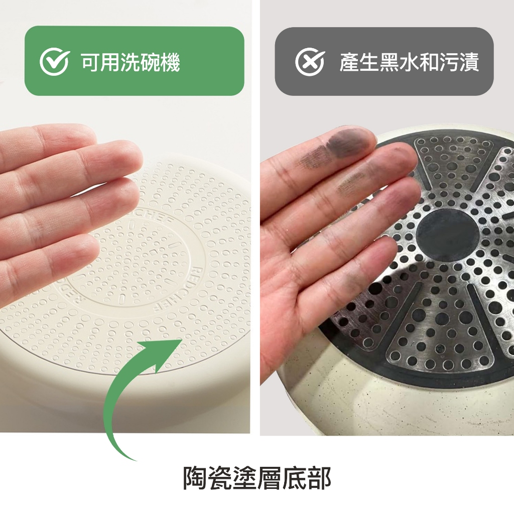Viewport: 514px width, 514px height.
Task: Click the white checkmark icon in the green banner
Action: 54,62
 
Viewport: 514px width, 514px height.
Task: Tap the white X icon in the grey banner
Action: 310,62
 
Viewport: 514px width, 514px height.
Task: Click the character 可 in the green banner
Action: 90,62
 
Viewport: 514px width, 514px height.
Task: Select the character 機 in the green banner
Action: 170,62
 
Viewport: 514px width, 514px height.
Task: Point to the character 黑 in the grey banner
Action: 389,62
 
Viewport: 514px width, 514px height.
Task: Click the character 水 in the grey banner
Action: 409,62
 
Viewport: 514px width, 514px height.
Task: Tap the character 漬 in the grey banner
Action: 469,62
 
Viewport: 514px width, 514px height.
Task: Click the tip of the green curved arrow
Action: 182,340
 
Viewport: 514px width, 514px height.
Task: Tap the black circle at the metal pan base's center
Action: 447,235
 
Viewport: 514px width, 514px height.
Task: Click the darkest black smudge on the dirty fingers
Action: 344,143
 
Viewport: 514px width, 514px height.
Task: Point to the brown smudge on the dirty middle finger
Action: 351,183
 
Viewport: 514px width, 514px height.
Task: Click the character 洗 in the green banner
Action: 130,62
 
